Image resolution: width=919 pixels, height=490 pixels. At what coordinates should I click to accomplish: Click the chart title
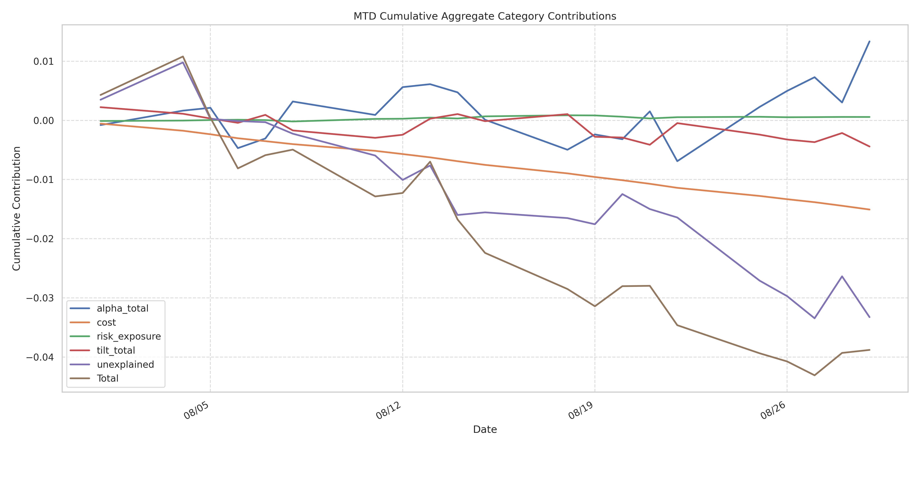click(x=485, y=16)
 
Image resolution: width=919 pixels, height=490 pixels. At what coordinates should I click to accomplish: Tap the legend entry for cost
click(x=106, y=322)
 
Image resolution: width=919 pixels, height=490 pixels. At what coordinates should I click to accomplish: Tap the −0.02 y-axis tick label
click(x=40, y=239)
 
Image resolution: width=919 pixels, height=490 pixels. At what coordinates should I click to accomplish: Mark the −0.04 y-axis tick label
click(x=40, y=357)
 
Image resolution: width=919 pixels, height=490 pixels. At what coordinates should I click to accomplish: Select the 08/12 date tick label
click(x=388, y=410)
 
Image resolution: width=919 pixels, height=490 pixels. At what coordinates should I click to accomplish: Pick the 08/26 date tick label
click(x=773, y=410)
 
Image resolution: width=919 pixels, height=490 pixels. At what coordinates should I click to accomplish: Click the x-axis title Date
click(x=485, y=429)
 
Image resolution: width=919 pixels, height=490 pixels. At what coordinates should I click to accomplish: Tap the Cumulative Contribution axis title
click(x=16, y=209)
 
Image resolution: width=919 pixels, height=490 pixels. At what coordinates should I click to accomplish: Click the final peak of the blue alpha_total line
click(x=869, y=41)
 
